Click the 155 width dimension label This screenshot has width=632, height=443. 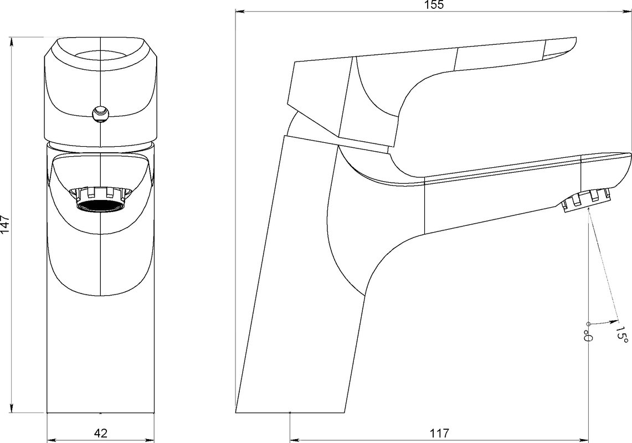pyautogui.click(x=434, y=5)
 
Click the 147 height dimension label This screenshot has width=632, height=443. pyautogui.click(x=5, y=224)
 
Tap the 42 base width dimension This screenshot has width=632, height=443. pyautogui.click(x=101, y=433)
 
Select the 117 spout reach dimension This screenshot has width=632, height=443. pyautogui.click(x=439, y=433)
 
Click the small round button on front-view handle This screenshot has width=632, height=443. pyautogui.click(x=100, y=113)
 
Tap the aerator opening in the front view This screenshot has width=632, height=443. pyautogui.click(x=100, y=205)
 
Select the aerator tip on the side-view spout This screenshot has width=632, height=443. pyautogui.click(x=586, y=200)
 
